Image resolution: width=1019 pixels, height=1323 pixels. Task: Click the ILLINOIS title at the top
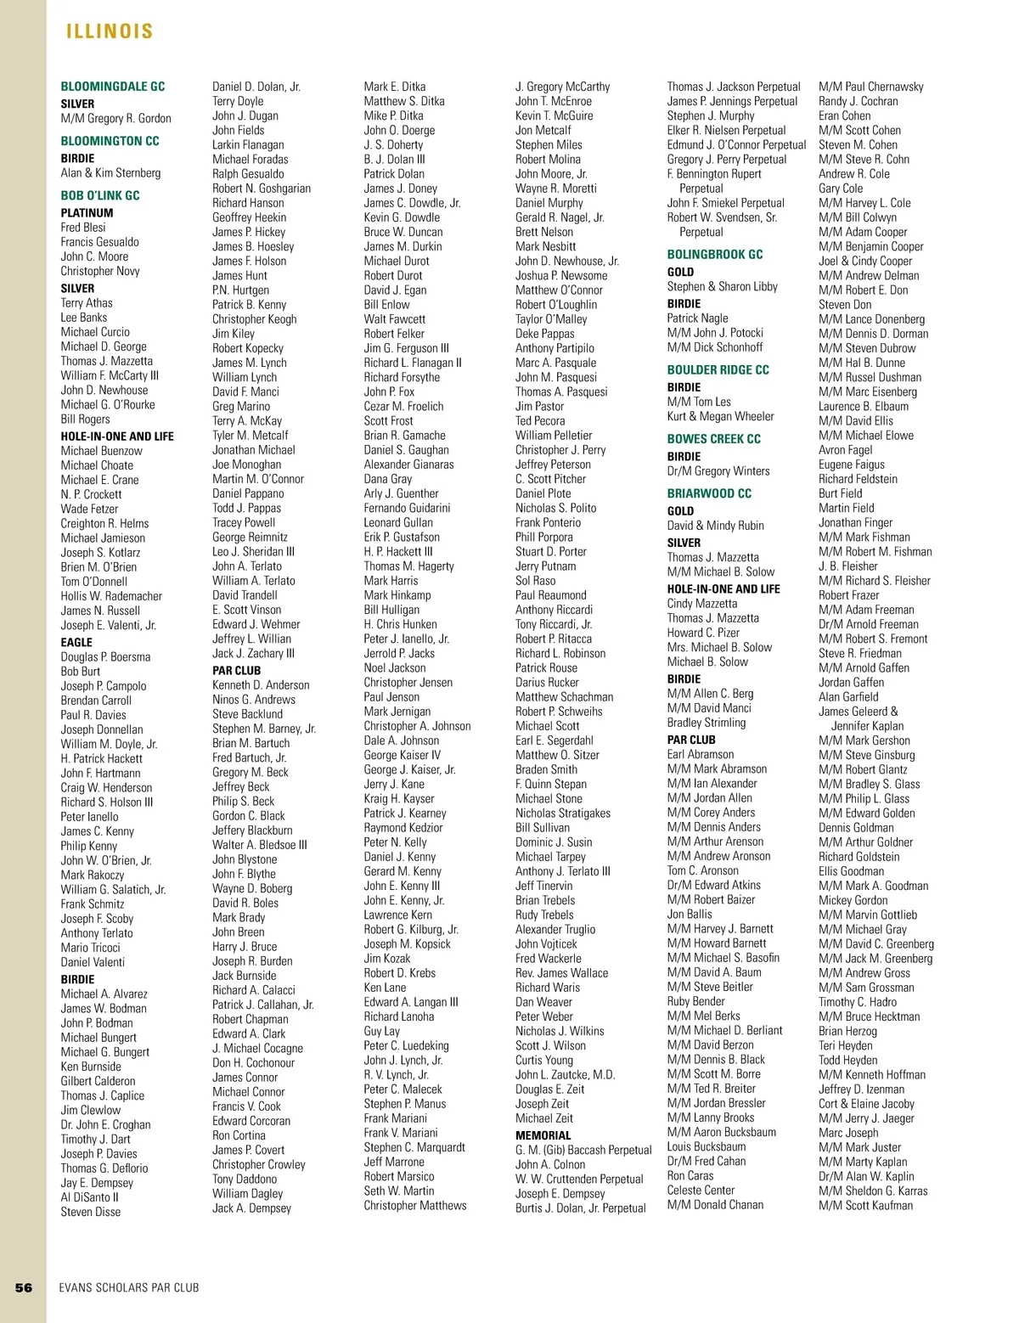pos(110,31)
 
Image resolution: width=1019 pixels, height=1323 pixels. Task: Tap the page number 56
pos(24,1287)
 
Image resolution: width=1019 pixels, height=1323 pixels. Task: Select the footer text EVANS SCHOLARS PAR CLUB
pos(129,1287)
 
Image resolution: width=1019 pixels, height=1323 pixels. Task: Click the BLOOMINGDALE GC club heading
pos(113,87)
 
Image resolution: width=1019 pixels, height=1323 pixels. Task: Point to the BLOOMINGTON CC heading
pos(110,141)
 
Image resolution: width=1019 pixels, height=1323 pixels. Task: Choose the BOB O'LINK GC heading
pos(99,195)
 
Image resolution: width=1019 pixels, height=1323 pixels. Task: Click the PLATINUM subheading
pos(87,213)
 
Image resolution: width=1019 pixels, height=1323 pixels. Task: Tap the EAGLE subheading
pos(76,643)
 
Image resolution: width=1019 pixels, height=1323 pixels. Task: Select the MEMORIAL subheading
pos(543,1135)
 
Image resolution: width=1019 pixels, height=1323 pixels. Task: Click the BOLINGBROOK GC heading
pos(715,255)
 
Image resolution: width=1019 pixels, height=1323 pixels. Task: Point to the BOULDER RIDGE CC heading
pos(718,370)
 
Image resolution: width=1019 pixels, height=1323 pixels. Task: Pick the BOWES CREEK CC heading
pos(713,439)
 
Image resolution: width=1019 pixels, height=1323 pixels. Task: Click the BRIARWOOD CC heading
pos(709,493)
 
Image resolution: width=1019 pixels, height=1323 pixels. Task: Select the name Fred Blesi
pos(83,228)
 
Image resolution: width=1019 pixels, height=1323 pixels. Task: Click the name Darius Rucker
pos(547,682)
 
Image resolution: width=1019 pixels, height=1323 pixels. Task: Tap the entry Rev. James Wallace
pos(561,973)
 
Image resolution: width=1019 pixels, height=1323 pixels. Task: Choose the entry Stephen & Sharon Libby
pos(722,286)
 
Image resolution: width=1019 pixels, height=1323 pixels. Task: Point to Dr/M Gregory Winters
pos(718,471)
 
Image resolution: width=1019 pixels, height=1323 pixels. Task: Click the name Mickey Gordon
pos(853,900)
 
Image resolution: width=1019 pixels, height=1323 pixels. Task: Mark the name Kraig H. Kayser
pos(399,798)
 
